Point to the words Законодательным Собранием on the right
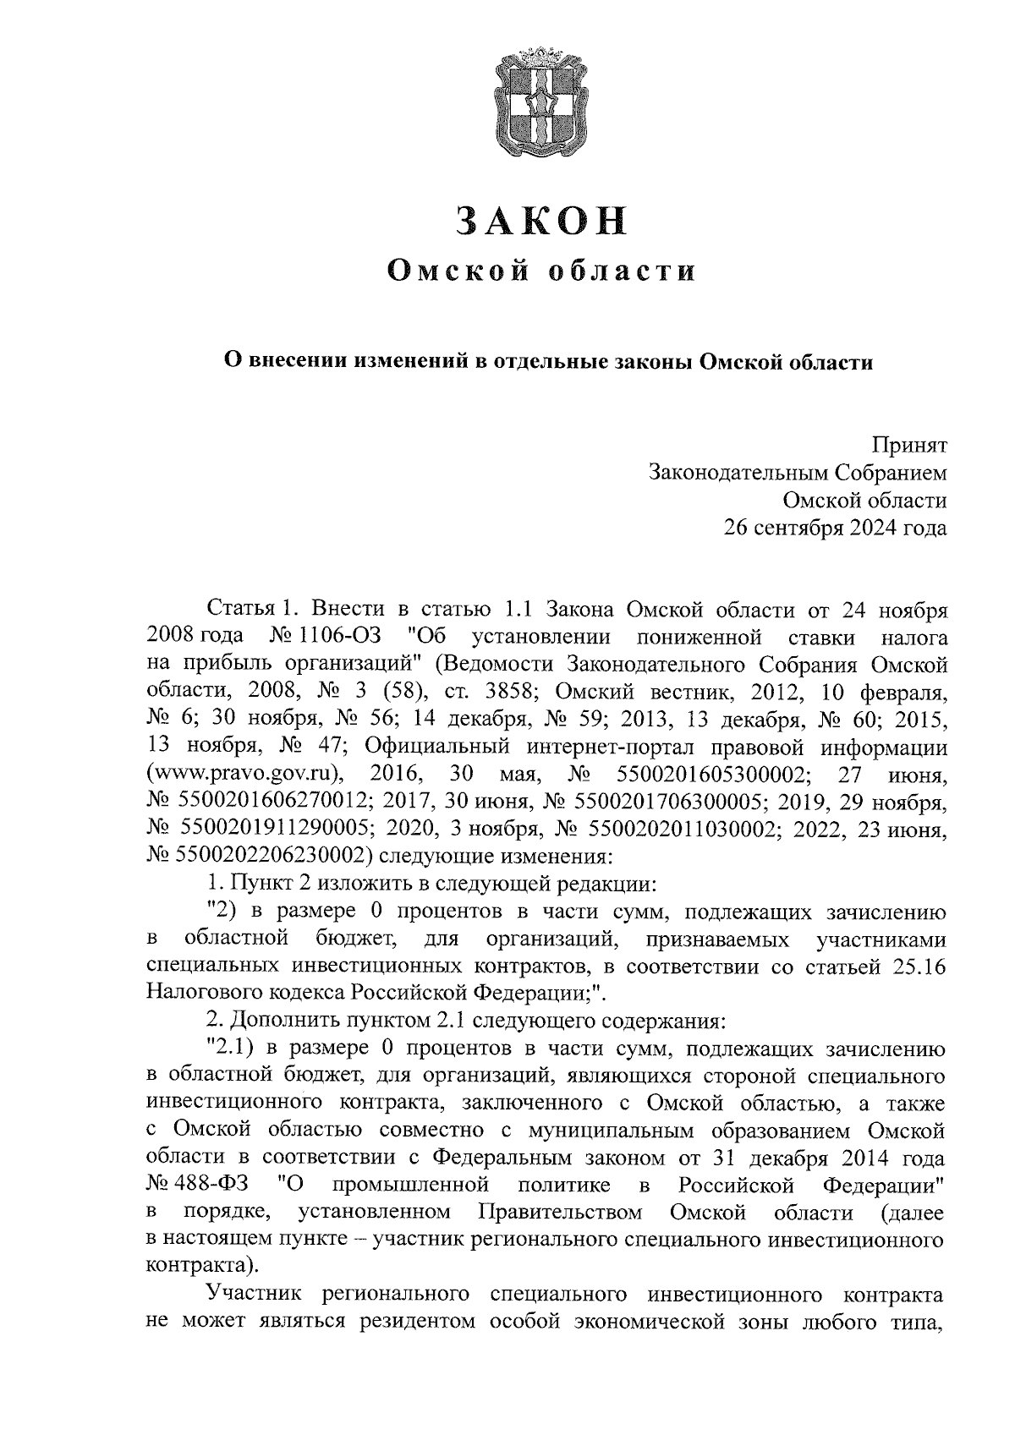coord(797,473)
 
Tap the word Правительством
coord(560,1213)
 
